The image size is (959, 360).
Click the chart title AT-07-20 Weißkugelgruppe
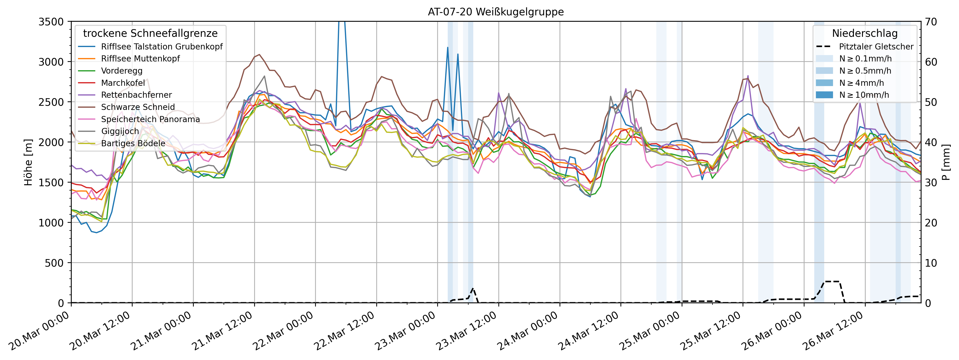click(495, 12)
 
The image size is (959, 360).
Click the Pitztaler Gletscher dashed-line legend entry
click(876, 47)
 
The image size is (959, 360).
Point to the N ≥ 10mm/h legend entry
click(864, 95)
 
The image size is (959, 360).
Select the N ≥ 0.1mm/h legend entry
click(865, 59)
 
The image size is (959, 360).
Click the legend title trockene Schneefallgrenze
click(150, 33)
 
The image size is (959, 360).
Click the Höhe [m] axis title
click(28, 162)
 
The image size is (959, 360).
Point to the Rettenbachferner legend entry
click(136, 95)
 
